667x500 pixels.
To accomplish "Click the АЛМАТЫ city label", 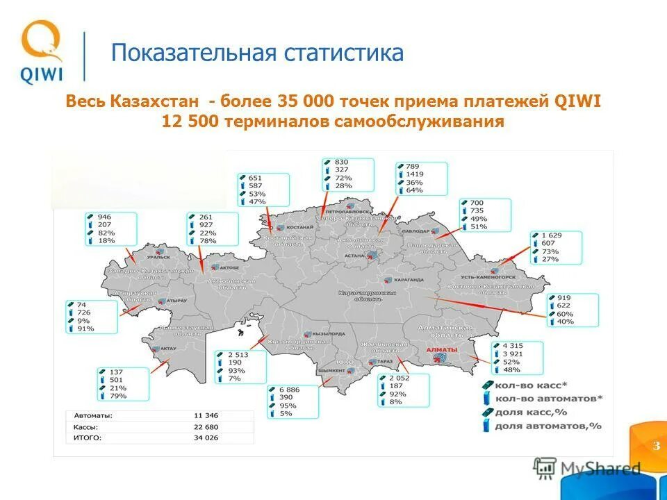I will click(442, 349).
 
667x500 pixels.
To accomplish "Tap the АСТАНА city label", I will click(363, 256).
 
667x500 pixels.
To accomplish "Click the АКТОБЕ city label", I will click(229, 267).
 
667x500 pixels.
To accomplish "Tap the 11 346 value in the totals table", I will click(207, 415).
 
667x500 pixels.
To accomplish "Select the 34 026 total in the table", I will click(207, 437).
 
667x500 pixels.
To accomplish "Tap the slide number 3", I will click(655, 445).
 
